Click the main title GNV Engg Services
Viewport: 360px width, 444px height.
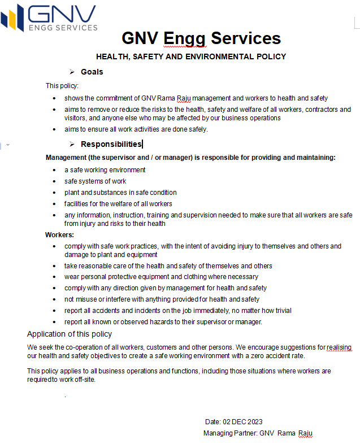201,38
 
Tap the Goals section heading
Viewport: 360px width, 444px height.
92,72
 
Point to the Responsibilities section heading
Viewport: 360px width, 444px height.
111,144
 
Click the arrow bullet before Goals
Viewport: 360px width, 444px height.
72,72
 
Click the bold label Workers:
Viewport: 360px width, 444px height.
59,234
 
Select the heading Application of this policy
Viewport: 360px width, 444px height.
70,334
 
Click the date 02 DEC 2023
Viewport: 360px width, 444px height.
243,422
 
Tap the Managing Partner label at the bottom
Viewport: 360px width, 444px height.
230,433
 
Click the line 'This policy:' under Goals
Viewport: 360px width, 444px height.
62,86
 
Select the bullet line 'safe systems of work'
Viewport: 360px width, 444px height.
95,181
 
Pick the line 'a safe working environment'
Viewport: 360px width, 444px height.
105,170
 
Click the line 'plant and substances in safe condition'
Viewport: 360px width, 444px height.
120,193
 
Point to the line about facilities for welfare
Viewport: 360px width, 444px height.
118,204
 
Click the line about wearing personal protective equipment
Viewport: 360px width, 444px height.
161,277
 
